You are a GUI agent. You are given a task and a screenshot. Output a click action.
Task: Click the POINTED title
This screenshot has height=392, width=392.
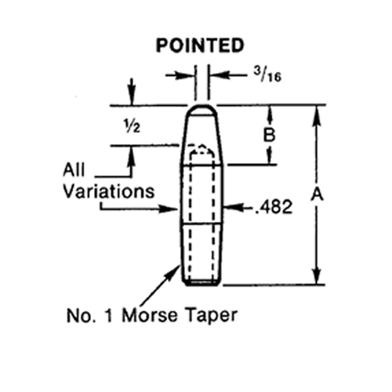(200, 45)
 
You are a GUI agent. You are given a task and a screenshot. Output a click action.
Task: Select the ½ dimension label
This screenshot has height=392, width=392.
(132, 127)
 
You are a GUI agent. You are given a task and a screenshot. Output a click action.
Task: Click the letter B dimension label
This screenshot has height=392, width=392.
(269, 135)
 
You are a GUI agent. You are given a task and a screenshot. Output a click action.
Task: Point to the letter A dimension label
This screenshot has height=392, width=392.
(317, 194)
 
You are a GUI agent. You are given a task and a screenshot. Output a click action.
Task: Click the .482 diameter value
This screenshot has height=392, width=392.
(274, 207)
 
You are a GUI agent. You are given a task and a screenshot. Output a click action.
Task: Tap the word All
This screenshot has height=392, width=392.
(74, 170)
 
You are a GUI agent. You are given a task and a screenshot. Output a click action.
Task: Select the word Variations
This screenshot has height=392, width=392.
(109, 191)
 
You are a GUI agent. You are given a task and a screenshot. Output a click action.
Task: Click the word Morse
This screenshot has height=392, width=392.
(150, 315)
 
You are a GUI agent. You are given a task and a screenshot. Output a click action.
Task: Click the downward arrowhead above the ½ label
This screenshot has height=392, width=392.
(132, 97)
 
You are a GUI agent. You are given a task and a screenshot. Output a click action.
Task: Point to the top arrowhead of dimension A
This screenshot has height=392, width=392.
(317, 114)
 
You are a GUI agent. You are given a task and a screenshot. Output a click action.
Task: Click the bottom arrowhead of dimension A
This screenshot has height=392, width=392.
(317, 275)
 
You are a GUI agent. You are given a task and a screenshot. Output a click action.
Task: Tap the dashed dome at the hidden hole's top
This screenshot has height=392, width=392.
(201, 150)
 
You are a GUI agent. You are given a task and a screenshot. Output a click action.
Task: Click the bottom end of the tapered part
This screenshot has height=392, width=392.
(201, 283)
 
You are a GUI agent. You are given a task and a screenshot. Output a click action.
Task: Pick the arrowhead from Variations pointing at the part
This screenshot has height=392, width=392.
(169, 209)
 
